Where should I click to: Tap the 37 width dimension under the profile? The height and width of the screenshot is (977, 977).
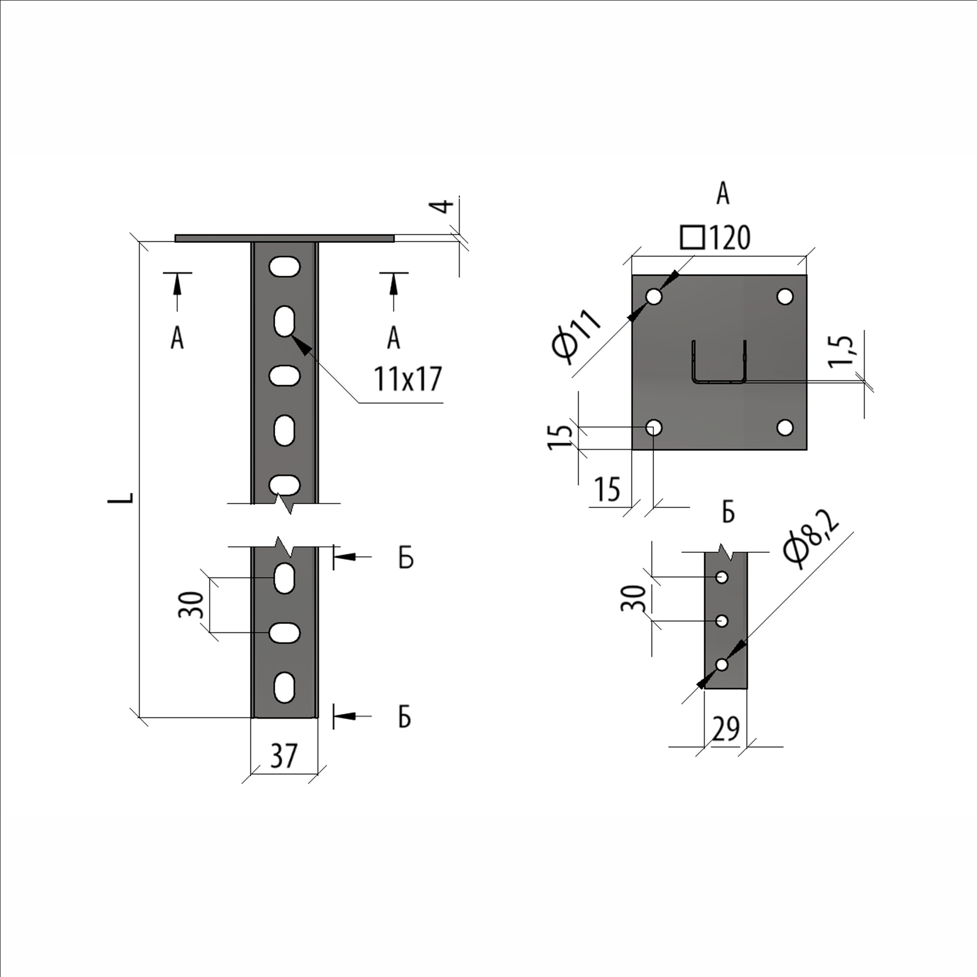click(x=284, y=756)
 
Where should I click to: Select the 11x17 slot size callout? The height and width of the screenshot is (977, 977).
click(x=408, y=379)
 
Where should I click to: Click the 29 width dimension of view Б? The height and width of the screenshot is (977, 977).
click(x=725, y=729)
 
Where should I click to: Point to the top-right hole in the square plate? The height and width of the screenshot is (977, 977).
click(x=785, y=296)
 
